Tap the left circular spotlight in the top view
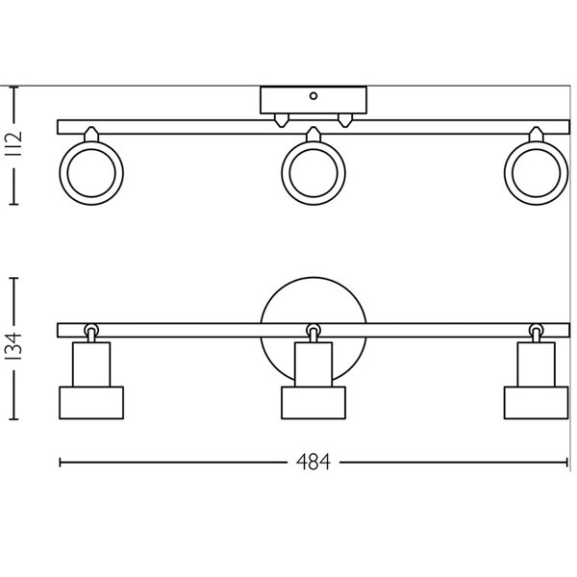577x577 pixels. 91,174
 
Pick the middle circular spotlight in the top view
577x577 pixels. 314,174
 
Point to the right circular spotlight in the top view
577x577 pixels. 536,174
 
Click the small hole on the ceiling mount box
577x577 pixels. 314,96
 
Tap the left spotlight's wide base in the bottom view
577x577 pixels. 91,403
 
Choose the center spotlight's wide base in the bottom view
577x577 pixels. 314,403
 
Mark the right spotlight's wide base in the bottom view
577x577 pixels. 536,403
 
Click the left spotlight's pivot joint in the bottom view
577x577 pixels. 91,331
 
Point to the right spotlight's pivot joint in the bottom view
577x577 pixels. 536,331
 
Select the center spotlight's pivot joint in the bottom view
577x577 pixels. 314,331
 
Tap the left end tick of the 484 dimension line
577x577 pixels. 60,464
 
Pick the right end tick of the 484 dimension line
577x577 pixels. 567,464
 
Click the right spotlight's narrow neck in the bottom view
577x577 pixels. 536,364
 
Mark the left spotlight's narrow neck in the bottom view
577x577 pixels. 91,364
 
